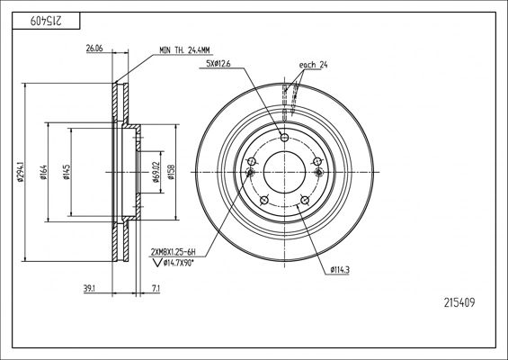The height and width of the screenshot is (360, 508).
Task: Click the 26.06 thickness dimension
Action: point(94,49)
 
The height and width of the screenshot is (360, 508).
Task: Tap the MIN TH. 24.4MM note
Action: point(184,50)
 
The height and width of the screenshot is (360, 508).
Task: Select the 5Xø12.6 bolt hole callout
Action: point(218,64)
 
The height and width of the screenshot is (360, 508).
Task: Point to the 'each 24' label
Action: point(313,65)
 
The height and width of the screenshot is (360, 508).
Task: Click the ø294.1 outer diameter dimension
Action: point(21,172)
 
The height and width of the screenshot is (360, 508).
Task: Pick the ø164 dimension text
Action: point(44,172)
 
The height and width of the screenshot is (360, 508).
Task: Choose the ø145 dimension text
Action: point(67,172)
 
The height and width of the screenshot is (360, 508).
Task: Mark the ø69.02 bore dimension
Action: point(156,172)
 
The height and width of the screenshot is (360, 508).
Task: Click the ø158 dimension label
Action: point(171,172)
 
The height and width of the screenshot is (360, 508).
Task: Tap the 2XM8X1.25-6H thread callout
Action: point(174,252)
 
